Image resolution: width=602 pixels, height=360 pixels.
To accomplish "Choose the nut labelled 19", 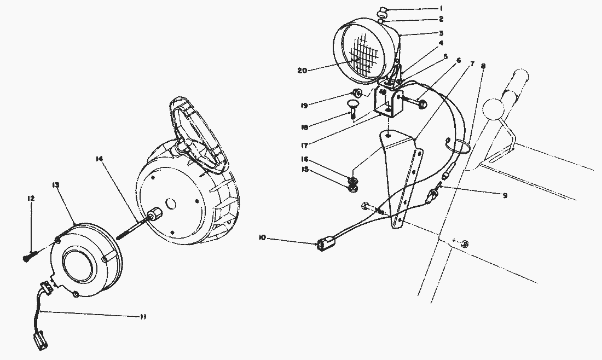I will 357,92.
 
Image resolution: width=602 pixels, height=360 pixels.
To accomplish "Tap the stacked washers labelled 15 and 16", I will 353,185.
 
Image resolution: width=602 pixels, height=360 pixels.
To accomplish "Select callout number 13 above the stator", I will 57,185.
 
